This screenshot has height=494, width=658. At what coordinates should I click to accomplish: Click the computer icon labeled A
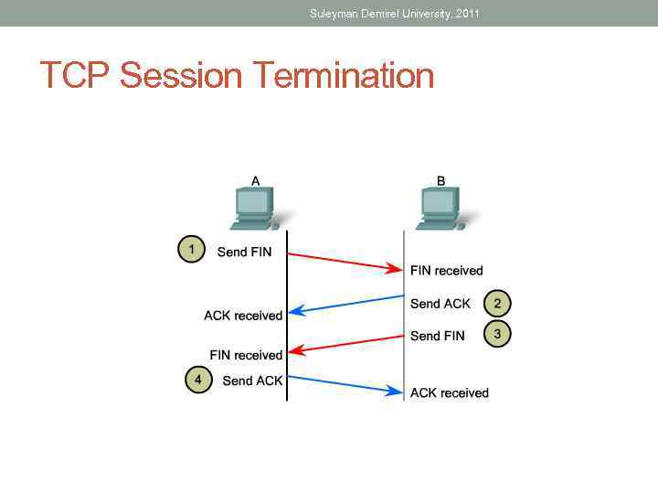254,208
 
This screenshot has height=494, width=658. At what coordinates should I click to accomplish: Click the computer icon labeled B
440,208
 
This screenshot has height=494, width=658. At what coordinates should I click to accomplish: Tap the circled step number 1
191,249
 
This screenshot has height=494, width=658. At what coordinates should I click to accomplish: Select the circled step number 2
497,303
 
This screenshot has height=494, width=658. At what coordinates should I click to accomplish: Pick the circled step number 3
497,334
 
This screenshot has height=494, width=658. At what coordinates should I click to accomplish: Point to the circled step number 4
198,379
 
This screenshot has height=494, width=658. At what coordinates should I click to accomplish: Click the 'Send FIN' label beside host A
244,252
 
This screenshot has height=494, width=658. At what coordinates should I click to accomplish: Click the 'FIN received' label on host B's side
446,271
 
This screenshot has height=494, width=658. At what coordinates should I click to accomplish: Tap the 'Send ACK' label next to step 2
440,304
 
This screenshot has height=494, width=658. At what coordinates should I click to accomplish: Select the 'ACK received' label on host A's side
243,316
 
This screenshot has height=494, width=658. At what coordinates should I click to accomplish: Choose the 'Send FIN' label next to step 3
437,336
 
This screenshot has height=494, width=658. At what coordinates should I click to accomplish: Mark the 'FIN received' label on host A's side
246,355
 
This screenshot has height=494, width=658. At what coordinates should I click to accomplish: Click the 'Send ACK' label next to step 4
252,381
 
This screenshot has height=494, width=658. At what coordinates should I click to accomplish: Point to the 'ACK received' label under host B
449,393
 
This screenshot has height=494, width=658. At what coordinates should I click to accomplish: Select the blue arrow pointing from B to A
345,305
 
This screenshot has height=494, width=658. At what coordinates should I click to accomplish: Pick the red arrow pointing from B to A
345,344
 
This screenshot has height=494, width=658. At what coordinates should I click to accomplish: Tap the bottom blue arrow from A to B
345,384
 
